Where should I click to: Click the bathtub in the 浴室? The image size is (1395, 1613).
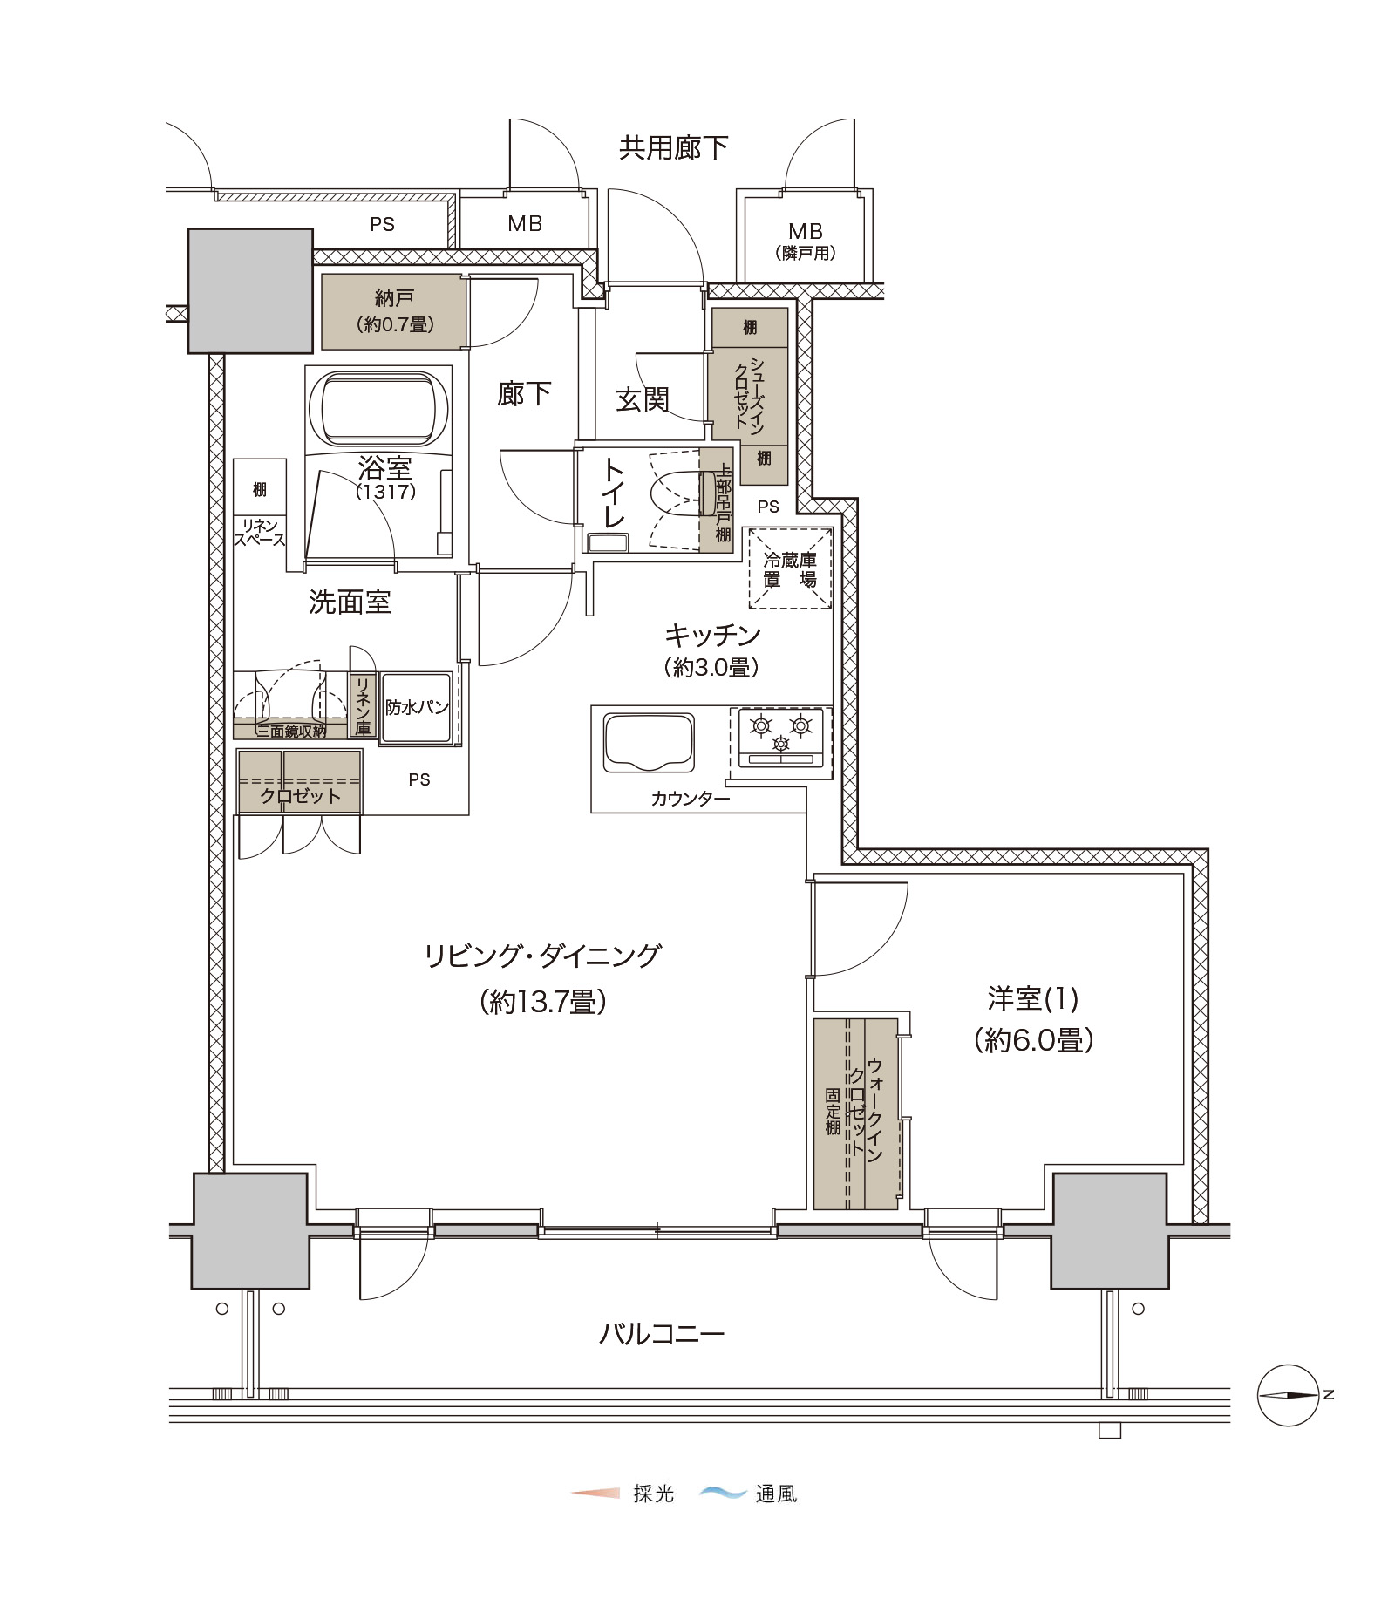tap(378, 410)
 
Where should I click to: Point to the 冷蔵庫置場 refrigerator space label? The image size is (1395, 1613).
tap(790, 569)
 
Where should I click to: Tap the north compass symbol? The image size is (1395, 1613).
tap(1289, 1395)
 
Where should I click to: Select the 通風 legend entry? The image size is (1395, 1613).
tap(748, 1494)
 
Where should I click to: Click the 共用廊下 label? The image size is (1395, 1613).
tap(673, 148)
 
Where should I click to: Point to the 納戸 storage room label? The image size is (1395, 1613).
tap(394, 298)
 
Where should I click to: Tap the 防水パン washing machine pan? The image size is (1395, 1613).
tap(417, 707)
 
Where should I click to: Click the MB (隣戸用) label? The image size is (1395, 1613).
tap(806, 242)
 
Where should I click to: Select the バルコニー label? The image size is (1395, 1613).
tap(662, 1334)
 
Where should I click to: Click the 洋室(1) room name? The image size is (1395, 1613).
tap(1033, 998)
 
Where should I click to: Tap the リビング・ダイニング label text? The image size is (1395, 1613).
tap(542, 956)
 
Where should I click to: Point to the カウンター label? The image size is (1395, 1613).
tap(691, 799)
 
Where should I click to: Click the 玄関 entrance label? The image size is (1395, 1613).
tap(643, 399)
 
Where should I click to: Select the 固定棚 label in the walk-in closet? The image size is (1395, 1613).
tap(834, 1112)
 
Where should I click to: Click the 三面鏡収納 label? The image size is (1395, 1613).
tap(291, 732)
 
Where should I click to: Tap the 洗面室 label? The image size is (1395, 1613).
tap(350, 602)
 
